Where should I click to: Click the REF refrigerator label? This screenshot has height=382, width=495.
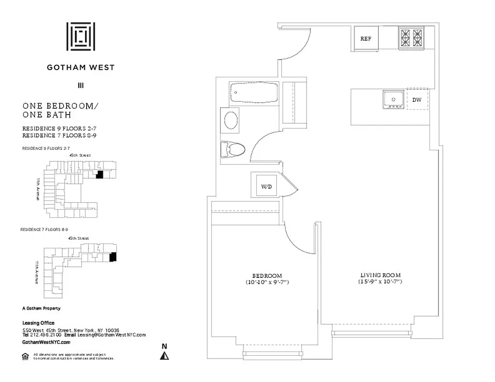pyautogui.click(x=366, y=39)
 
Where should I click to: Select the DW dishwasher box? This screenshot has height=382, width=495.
pyautogui.click(x=417, y=99)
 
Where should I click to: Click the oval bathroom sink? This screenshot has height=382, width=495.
pyautogui.click(x=232, y=120)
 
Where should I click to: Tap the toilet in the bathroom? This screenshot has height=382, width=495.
pyautogui.click(x=233, y=149)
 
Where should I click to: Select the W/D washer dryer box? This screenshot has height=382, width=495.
pyautogui.click(x=266, y=186)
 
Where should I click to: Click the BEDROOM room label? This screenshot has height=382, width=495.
pyautogui.click(x=267, y=276)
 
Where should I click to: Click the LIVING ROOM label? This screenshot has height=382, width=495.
pyautogui.click(x=380, y=275)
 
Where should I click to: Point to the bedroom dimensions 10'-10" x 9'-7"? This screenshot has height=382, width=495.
pyautogui.click(x=267, y=283)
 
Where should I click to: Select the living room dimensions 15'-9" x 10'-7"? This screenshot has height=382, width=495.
pyautogui.click(x=380, y=282)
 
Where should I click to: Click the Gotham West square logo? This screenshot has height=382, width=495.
pyautogui.click(x=80, y=36)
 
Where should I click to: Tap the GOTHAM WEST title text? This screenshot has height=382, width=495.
pyautogui.click(x=80, y=67)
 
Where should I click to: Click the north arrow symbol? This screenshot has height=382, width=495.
pyautogui.click(x=165, y=353)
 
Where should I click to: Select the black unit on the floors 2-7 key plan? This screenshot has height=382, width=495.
pyautogui.click(x=99, y=175)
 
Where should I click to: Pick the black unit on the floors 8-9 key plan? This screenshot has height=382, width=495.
pyautogui.click(x=113, y=257)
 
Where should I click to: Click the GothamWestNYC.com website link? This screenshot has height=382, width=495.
pyautogui.click(x=46, y=342)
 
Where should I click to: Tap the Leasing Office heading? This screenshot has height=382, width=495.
pyautogui.click(x=38, y=323)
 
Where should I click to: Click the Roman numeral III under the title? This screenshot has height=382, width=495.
pyautogui.click(x=80, y=86)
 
